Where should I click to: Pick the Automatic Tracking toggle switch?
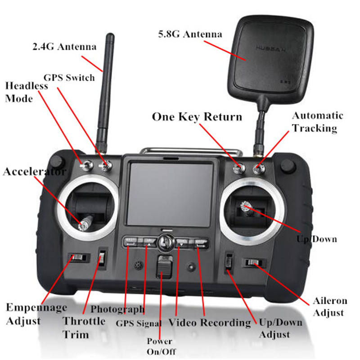tap(258, 169)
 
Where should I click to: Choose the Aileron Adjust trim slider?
tap(252, 263)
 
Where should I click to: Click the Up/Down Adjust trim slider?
tap(229, 262)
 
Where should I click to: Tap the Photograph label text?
tap(117, 309)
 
